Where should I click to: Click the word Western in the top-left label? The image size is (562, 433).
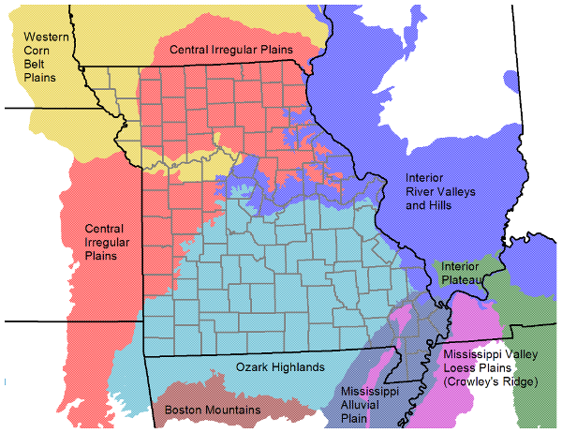point(45,37)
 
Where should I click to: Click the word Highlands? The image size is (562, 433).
point(299,367)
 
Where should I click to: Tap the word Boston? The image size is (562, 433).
point(184,410)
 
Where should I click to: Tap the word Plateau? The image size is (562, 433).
point(462,279)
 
